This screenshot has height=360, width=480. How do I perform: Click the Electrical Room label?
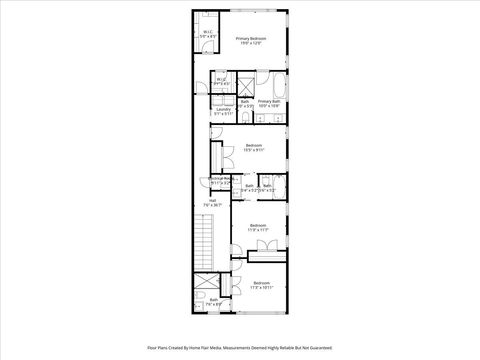(221, 180)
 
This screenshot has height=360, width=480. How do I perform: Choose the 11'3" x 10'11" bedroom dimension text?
(261, 288)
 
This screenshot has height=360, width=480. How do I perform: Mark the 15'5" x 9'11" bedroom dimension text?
(254, 150)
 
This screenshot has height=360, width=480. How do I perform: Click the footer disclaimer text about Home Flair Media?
(239, 348)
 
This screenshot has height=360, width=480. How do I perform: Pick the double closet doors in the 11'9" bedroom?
(264, 247)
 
